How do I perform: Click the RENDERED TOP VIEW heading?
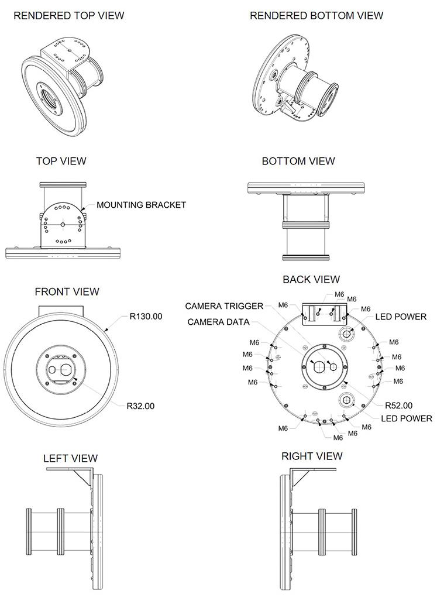click(x=68, y=16)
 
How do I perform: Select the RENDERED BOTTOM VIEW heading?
click(x=316, y=16)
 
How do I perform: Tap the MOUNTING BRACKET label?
click(x=141, y=205)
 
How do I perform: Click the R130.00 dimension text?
click(x=146, y=317)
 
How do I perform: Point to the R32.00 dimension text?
click(x=140, y=406)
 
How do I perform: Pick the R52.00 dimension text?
click(x=398, y=405)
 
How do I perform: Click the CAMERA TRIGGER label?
click(x=224, y=306)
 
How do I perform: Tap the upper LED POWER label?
click(x=401, y=317)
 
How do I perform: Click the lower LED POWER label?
click(x=406, y=418)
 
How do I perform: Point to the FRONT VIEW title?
click(x=67, y=291)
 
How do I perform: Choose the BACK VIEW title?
click(x=311, y=280)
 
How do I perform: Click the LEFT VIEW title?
click(x=70, y=458)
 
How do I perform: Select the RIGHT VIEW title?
click(x=312, y=456)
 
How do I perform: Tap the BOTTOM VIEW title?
click(x=298, y=161)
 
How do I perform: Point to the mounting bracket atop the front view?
click(x=61, y=310)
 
